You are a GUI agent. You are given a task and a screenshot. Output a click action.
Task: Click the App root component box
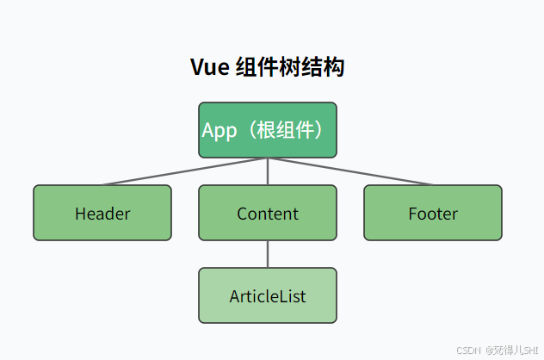coord(267,130)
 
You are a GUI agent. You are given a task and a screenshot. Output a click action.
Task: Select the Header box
coord(102,213)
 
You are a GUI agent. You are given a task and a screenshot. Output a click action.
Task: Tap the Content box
coord(267,213)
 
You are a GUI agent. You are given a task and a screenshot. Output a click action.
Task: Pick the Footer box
coord(432,213)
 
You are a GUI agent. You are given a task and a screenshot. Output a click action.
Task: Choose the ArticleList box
coord(267,295)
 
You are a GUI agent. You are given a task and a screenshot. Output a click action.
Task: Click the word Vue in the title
coord(209,68)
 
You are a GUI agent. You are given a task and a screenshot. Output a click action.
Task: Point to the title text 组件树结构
coord(289,68)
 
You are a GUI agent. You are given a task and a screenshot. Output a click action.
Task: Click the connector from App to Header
coord(185,171)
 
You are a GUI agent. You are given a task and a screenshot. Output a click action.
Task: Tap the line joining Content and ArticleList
coord(267,254)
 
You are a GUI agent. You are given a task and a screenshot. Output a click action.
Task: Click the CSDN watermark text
coord(467,351)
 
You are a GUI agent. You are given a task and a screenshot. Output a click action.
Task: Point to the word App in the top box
coord(219,131)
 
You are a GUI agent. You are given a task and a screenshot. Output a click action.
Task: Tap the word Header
coord(102,214)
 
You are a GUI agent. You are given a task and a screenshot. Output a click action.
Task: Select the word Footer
coord(433,214)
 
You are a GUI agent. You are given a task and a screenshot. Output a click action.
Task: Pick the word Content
coord(268,214)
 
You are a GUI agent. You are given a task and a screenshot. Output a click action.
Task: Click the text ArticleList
coord(268,296)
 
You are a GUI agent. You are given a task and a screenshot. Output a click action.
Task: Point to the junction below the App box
coord(267,158)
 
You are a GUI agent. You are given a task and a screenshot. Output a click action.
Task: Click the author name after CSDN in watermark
coord(511,351)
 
